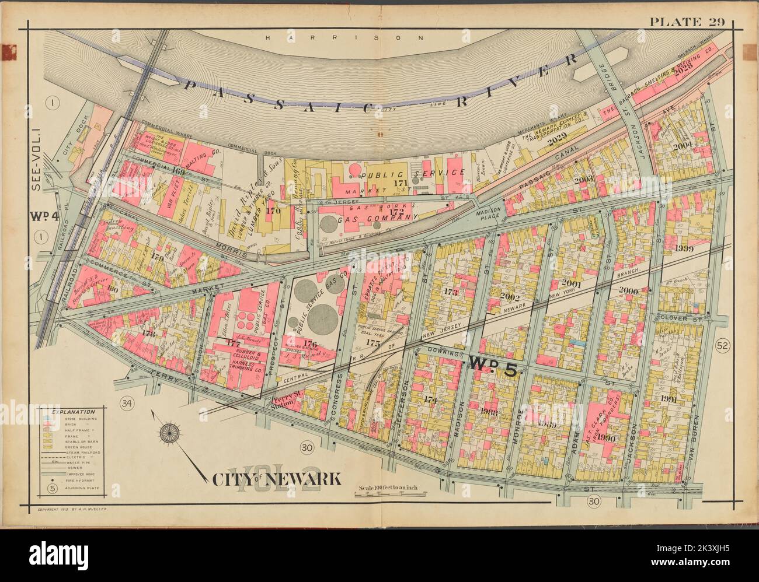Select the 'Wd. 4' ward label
point(40,215)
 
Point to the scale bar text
point(389,488)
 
